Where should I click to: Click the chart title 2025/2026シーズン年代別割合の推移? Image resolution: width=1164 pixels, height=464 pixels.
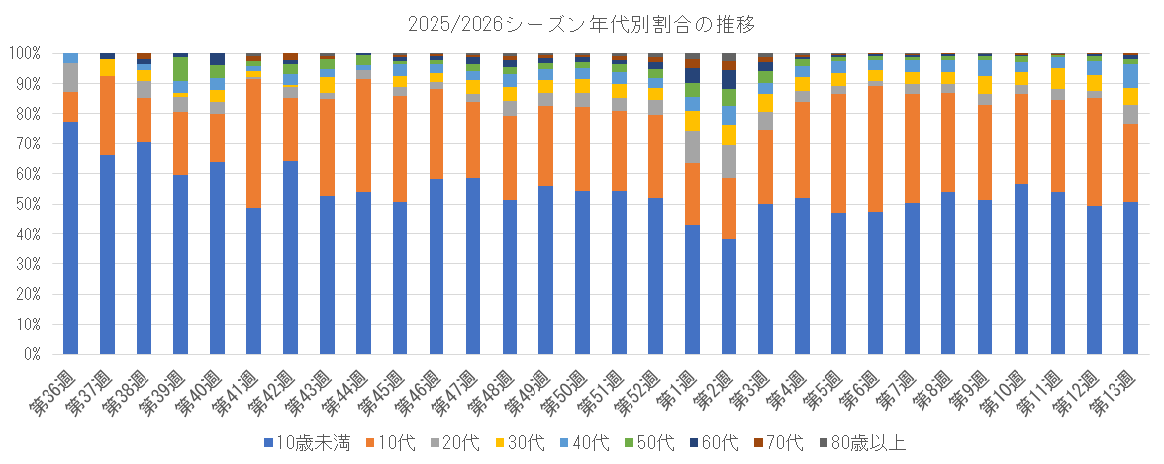582,22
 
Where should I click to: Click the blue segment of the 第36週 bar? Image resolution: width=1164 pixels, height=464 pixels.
70,237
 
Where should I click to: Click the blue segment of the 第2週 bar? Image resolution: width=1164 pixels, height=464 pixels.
728,297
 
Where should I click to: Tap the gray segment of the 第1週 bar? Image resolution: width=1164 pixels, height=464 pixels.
692,146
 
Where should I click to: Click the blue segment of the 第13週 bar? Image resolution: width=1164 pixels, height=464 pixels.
1130,278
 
